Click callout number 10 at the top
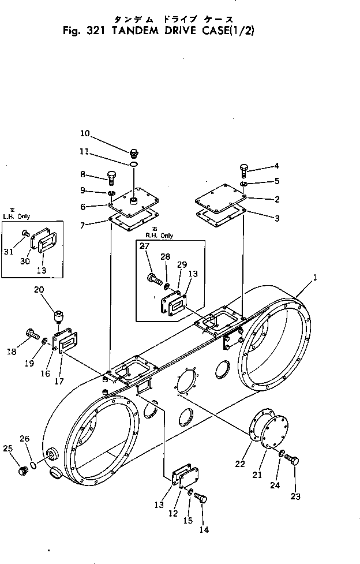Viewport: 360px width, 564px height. (84, 133)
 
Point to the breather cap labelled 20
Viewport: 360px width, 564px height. (58, 317)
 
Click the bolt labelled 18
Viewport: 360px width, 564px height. (32, 334)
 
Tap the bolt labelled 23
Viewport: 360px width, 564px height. (292, 460)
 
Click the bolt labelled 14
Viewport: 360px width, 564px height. (201, 498)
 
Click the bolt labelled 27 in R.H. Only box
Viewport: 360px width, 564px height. (154, 279)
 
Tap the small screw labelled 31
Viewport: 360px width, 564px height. (25, 233)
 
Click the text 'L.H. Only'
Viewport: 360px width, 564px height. (17, 216)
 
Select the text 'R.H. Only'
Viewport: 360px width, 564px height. (159, 236)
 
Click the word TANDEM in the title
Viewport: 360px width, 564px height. (135, 31)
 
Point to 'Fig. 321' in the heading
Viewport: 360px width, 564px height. (84, 31)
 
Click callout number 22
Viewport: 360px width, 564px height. (240, 464)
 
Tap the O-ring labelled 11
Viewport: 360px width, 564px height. (133, 165)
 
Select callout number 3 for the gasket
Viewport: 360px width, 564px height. (277, 218)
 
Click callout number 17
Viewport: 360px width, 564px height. (59, 381)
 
